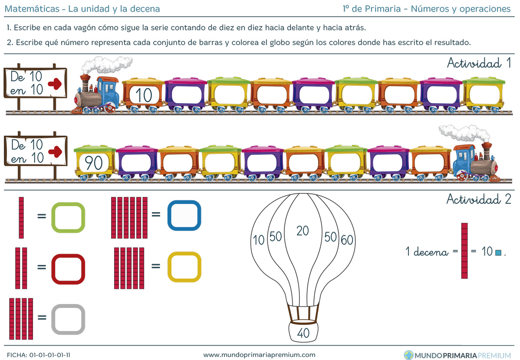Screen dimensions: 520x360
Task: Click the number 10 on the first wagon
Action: (x=144, y=95)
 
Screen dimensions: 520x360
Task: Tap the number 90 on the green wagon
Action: (x=93, y=163)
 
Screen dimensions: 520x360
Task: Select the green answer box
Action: (x=68, y=217)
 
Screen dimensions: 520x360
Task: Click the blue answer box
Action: (x=184, y=216)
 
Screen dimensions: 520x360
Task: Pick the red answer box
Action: (x=68, y=269)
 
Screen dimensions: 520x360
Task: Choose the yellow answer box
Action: (x=184, y=267)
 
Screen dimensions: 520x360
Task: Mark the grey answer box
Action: (x=68, y=319)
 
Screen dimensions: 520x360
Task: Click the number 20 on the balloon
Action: (x=303, y=231)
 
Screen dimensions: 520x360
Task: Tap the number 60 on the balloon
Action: (x=347, y=240)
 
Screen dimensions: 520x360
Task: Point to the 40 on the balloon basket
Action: (x=303, y=333)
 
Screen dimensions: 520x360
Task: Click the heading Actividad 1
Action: (x=479, y=63)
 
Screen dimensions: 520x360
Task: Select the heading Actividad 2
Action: (x=478, y=199)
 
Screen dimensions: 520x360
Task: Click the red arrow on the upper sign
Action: (x=55, y=84)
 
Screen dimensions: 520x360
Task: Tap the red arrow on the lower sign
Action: (x=55, y=152)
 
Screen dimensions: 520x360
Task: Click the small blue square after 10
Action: (x=498, y=253)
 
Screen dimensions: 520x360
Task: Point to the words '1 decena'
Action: (x=427, y=252)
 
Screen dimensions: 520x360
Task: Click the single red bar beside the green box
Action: (x=21, y=218)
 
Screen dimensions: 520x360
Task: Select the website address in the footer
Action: (x=259, y=355)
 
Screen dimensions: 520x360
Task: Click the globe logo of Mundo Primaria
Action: (x=409, y=355)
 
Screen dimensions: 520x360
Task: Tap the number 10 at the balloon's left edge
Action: (x=258, y=240)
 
